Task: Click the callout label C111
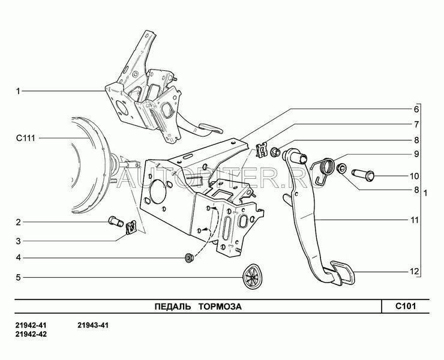click(25, 138)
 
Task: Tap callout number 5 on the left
click(19, 277)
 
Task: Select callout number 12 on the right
click(414, 272)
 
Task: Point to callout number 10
click(414, 176)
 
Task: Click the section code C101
click(406, 306)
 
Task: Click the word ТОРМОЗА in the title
click(220, 307)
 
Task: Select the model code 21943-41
click(93, 325)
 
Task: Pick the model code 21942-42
click(31, 334)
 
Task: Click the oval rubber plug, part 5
click(252, 277)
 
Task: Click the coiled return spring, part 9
click(324, 170)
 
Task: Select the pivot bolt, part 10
click(363, 175)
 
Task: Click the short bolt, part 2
click(116, 221)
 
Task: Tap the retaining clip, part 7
click(262, 150)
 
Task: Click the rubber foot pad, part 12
click(342, 273)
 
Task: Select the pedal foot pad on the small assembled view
click(211, 128)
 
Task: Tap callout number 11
click(414, 220)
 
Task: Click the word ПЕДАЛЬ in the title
click(173, 307)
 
